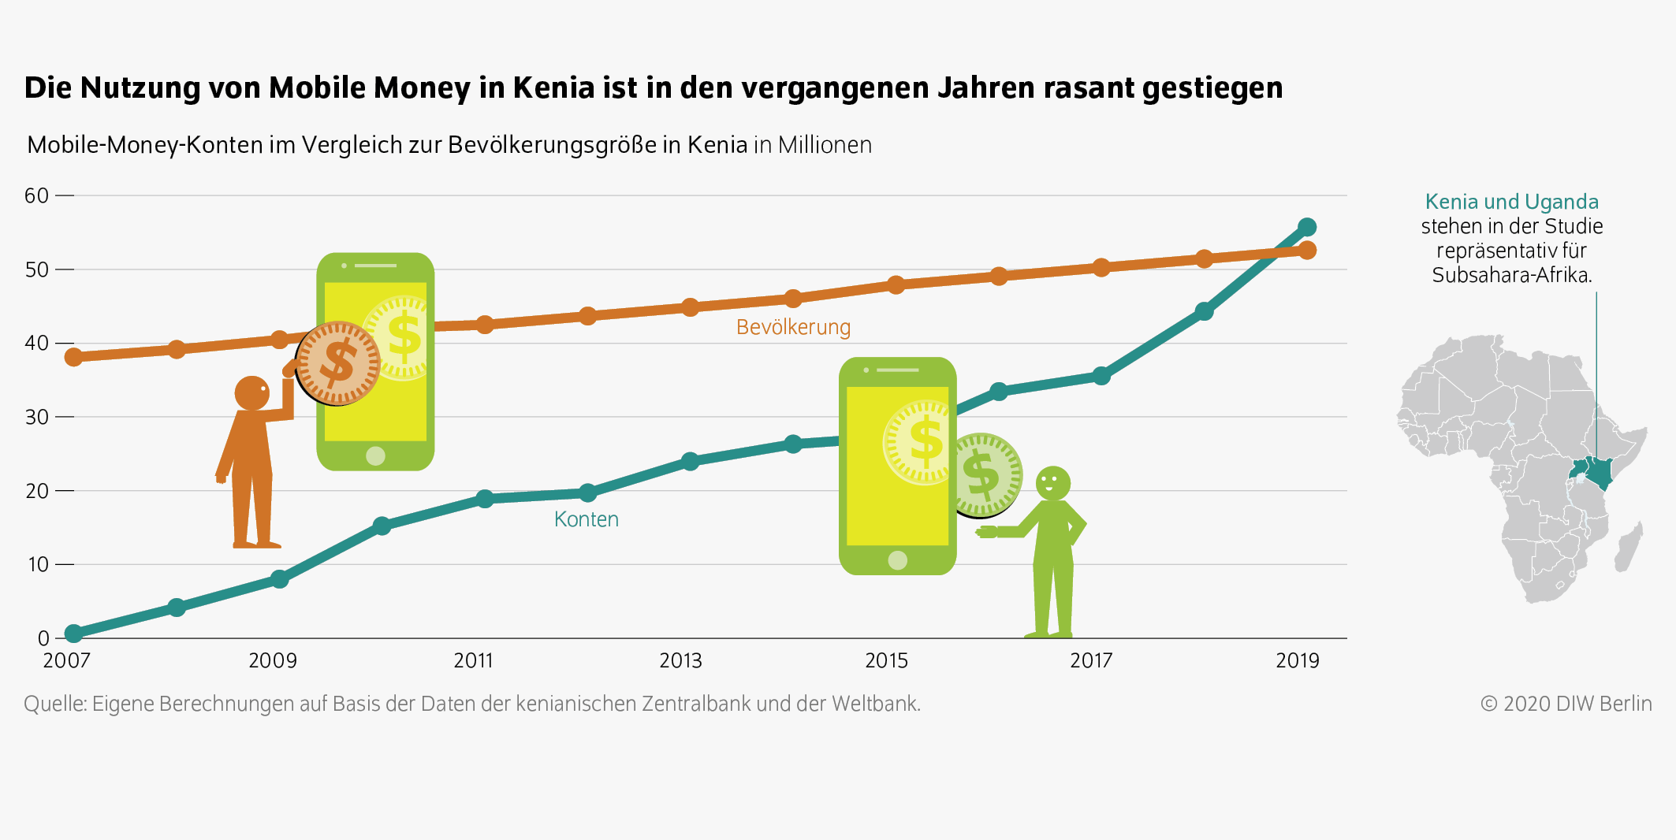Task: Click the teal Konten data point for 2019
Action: point(1306,228)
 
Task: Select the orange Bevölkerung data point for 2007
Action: point(73,357)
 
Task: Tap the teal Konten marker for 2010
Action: point(382,526)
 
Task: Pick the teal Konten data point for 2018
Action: point(1204,311)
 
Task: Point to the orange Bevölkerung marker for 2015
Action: point(896,284)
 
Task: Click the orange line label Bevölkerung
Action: point(793,327)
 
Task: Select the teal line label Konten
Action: point(586,519)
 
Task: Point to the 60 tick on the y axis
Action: point(36,195)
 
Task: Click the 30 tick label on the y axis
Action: point(36,417)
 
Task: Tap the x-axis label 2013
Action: point(680,660)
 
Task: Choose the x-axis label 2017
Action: point(1091,660)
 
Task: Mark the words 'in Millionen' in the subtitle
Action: point(813,145)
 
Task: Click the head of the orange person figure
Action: point(252,392)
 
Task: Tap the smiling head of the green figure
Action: point(1052,482)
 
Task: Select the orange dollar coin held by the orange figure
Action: point(338,363)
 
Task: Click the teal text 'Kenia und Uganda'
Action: point(1511,202)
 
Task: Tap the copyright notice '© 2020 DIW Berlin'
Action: point(1566,704)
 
